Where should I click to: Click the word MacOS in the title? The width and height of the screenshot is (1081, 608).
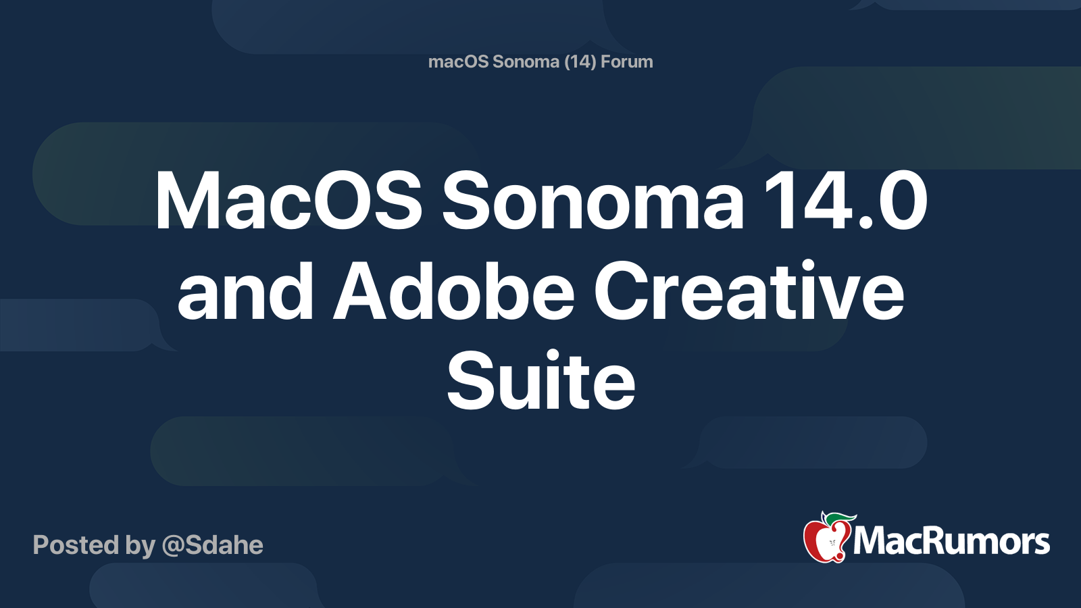click(288, 200)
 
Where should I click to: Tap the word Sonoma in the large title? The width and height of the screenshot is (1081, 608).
click(593, 200)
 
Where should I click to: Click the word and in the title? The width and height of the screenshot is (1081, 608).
click(246, 290)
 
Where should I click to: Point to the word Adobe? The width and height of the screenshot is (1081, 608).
click(453, 290)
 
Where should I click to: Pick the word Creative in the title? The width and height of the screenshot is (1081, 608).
click(749, 290)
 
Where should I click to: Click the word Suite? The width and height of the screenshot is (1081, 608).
click(540, 380)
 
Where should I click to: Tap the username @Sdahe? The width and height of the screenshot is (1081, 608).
click(212, 545)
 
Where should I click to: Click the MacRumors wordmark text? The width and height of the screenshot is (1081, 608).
click(951, 541)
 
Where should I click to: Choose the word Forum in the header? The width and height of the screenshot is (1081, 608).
click(627, 61)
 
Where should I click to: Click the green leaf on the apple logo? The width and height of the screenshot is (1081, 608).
click(841, 520)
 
